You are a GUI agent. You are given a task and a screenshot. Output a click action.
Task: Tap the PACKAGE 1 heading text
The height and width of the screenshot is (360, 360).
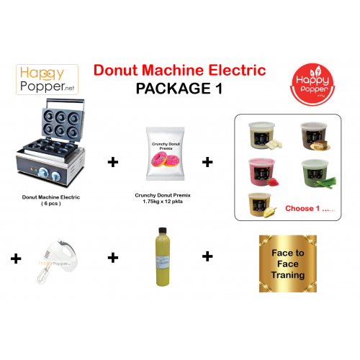click(180, 89)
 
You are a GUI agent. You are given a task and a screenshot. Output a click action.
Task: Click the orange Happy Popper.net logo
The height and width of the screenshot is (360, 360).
click(47, 79)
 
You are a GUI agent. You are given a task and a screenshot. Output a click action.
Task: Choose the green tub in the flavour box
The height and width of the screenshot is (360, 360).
click(314, 172)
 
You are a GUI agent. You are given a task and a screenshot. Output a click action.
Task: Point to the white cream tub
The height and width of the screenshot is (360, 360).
click(260, 135)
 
